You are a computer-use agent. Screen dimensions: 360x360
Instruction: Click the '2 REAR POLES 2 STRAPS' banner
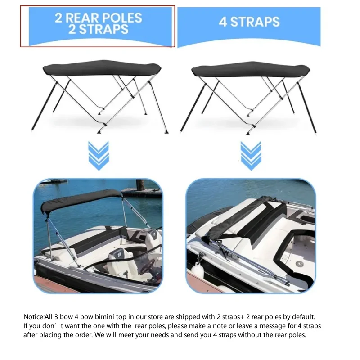coord(100,26)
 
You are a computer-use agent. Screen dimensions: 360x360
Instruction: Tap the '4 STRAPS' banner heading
coord(249,22)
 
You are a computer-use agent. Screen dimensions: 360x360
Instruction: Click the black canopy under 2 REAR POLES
coord(102,67)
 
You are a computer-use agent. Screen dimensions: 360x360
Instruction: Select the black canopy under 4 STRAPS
coord(251,69)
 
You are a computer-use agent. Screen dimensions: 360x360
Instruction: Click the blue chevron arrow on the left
coord(99,156)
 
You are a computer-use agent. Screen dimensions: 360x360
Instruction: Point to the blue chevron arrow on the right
coord(251,156)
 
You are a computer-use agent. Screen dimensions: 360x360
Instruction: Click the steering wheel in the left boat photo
coord(148,266)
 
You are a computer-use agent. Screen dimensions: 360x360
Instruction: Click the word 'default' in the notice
coord(303,317)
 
